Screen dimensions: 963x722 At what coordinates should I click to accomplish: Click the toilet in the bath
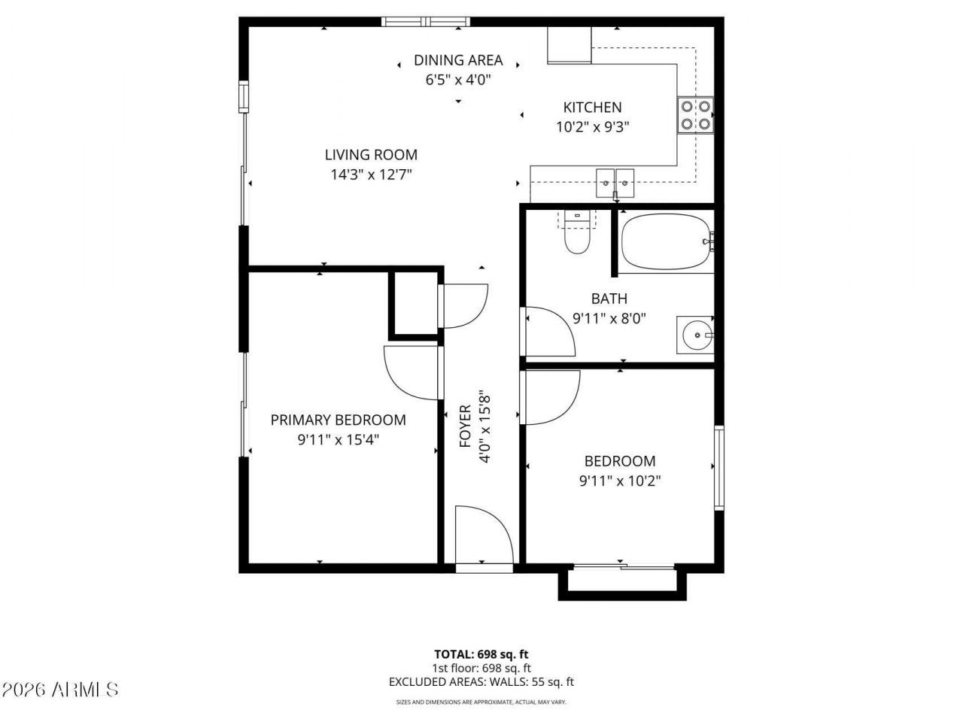tap(576, 232)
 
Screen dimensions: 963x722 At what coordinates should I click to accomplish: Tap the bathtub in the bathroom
tap(666, 241)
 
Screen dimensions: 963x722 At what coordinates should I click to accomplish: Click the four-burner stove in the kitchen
tap(695, 115)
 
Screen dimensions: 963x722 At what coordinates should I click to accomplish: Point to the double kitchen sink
tap(615, 184)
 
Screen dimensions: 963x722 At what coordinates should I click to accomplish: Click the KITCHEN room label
tap(592, 108)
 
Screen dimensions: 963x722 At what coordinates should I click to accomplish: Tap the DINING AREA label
tap(458, 60)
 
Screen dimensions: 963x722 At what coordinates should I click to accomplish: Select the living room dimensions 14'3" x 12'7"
tap(371, 175)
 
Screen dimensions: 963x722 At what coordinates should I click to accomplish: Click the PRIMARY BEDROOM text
tap(338, 420)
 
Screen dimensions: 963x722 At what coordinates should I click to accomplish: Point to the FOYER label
tap(465, 426)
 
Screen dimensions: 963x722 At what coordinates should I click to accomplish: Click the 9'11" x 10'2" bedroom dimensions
tap(620, 481)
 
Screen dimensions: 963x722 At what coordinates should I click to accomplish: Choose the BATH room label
tap(609, 299)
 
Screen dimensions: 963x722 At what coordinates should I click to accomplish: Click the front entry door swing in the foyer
tap(485, 535)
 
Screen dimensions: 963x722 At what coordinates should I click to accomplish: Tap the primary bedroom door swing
tap(411, 372)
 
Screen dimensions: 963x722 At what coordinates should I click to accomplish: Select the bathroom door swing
tap(550, 332)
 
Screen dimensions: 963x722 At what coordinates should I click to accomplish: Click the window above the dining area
tap(426, 22)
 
